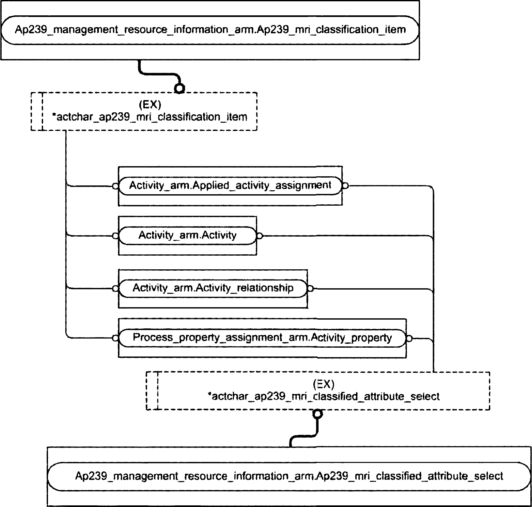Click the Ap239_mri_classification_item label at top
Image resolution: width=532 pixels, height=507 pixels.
point(210,30)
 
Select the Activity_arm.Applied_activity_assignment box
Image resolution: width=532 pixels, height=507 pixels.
point(230,185)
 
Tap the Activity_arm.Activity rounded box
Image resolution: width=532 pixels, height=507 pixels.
point(187,235)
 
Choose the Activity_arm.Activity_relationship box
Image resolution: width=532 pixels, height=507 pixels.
point(213,288)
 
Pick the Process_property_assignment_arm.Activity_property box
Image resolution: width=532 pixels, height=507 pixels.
point(262,338)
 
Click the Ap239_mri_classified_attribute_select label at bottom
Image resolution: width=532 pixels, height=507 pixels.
point(289,476)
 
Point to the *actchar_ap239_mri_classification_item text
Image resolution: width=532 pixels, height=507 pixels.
point(150,117)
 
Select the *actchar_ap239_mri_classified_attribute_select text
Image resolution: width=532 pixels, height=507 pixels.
point(324,396)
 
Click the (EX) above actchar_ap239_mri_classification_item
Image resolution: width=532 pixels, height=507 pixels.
point(150,105)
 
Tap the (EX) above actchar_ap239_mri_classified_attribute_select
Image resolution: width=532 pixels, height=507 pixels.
point(323,384)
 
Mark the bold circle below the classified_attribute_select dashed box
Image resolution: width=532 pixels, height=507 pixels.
point(317,414)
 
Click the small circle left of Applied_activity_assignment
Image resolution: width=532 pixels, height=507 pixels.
point(115,186)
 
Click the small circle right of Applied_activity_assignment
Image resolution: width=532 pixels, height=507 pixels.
point(345,186)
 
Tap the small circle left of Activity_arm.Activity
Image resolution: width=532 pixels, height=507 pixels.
point(115,236)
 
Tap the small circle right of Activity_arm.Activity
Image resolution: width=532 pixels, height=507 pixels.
point(259,236)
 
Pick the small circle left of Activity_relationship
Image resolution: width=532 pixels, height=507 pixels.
point(115,289)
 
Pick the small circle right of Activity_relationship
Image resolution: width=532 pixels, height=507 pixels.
point(310,289)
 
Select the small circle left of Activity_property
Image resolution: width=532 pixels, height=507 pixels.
point(115,338)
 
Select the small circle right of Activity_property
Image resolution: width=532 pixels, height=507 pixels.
point(409,338)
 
